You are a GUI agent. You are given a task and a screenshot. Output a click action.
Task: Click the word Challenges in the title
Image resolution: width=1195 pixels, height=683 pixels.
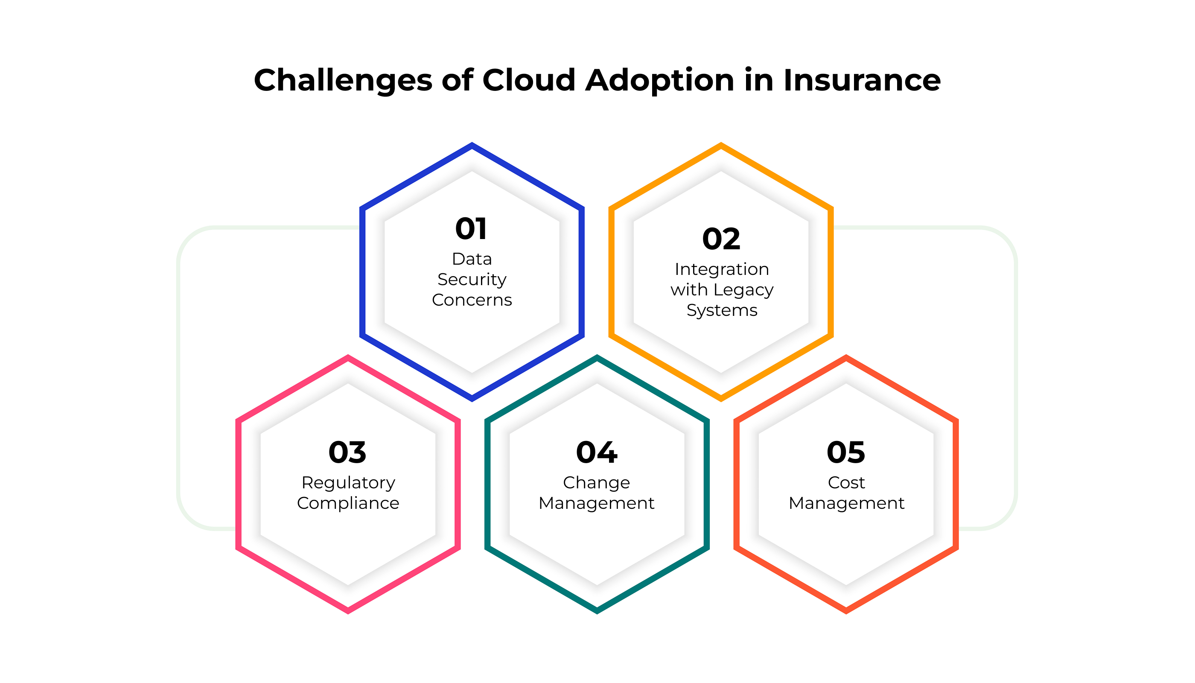click(x=343, y=80)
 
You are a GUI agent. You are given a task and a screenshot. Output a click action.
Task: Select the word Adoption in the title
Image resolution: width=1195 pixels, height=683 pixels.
click(x=660, y=80)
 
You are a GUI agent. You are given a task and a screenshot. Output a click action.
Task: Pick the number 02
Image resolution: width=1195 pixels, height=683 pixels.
click(x=721, y=239)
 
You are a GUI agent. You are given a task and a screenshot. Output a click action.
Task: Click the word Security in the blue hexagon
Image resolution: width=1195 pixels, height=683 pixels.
click(x=472, y=280)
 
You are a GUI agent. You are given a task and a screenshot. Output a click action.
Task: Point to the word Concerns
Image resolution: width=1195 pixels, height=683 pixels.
click(x=472, y=300)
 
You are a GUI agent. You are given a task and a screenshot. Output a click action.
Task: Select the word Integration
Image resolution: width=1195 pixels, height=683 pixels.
click(x=722, y=270)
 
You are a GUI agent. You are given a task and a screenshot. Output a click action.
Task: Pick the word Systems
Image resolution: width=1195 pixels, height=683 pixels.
click(x=722, y=310)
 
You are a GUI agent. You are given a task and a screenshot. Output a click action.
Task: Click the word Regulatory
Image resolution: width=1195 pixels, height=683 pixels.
click(x=348, y=483)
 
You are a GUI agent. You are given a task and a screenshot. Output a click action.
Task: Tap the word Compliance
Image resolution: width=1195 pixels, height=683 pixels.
click(x=348, y=503)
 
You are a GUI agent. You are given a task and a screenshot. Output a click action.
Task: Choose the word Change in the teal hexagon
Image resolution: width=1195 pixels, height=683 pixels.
click(x=597, y=483)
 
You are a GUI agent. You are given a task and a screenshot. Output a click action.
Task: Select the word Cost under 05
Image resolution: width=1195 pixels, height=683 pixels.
click(x=846, y=482)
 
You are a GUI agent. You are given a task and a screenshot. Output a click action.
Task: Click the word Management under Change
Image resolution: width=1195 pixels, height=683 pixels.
click(x=596, y=503)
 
